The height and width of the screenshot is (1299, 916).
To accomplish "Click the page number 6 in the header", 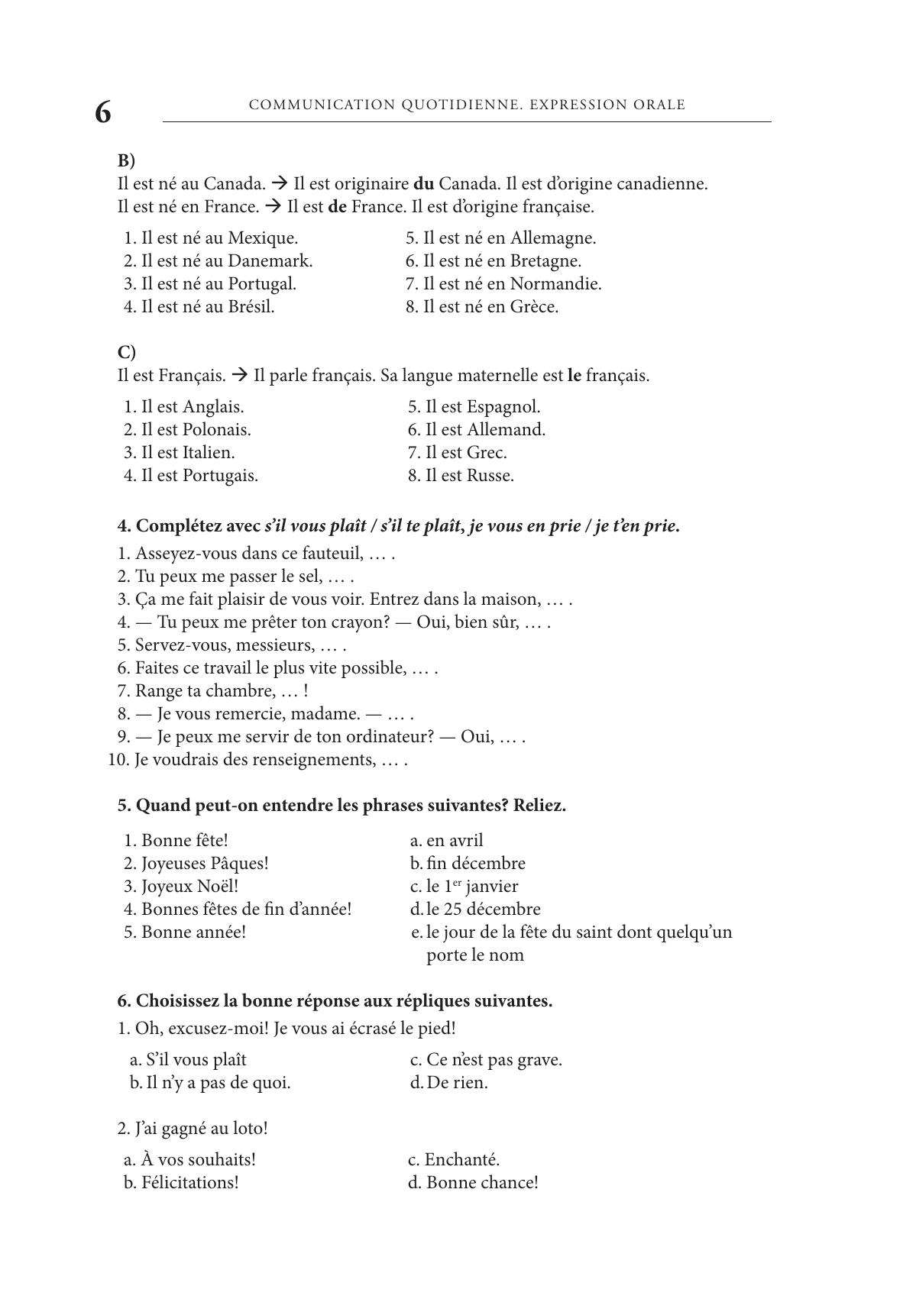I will click(102, 112).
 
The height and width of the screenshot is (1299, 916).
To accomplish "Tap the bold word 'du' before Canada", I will click(424, 184).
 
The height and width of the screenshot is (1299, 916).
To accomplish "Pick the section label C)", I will click(126, 353).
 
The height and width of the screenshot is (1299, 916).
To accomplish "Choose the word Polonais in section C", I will click(216, 430).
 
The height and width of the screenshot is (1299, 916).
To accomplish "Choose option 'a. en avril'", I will click(447, 841).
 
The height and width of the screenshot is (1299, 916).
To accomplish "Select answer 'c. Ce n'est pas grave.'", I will click(486, 1060).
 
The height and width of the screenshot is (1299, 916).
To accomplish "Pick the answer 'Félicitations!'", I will click(189, 1183).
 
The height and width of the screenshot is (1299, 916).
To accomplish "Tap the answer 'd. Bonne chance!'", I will click(473, 1183).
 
